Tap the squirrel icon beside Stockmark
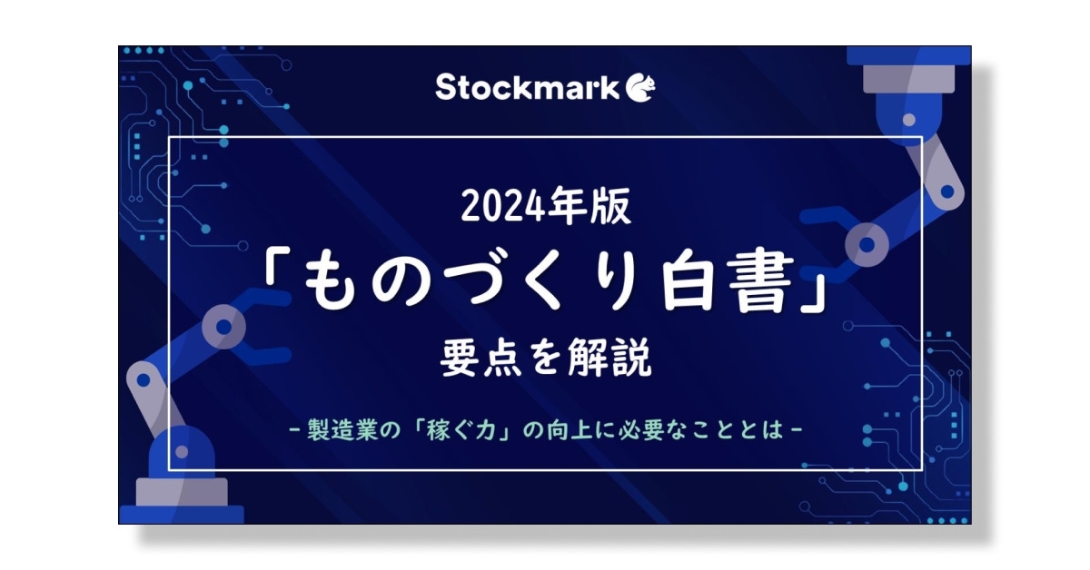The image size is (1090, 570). point(641,87)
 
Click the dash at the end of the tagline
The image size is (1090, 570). point(797,429)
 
